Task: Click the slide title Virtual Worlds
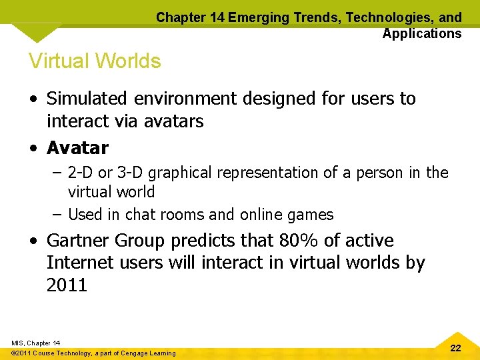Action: point(95,61)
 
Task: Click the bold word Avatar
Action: point(77,147)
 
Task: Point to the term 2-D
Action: point(81,173)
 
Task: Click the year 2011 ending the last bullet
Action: point(67,285)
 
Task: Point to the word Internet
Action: point(82,263)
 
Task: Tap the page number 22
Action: point(455,348)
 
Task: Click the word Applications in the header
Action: point(421,33)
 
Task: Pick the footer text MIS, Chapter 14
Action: point(36,343)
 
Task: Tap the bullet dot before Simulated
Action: point(33,99)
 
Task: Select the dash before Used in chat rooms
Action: point(57,215)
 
